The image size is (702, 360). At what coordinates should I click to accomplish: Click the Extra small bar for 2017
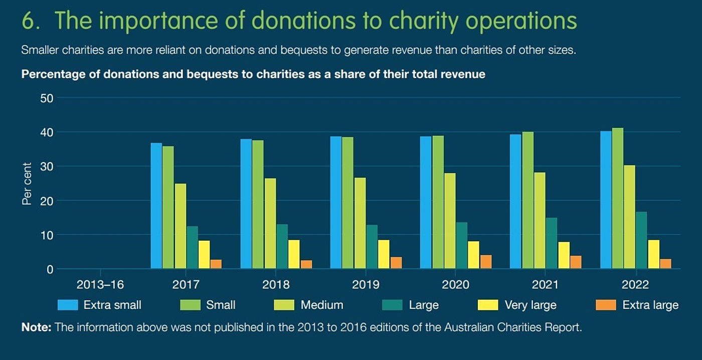(x=156, y=206)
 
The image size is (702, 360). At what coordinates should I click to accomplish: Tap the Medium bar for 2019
(x=360, y=224)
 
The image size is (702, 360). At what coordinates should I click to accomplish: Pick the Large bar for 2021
(x=552, y=243)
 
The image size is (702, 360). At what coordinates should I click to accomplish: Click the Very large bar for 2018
(x=294, y=254)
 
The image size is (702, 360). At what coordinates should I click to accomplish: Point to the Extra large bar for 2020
(x=486, y=262)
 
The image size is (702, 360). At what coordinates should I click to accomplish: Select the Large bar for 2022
(x=641, y=240)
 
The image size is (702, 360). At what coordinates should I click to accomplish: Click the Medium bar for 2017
(x=181, y=226)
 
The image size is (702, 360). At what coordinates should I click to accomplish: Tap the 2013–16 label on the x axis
(x=100, y=285)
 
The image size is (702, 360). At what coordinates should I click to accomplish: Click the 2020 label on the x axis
(x=455, y=285)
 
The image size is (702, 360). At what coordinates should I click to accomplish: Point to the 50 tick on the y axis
(x=47, y=98)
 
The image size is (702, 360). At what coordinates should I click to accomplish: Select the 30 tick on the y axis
(x=47, y=166)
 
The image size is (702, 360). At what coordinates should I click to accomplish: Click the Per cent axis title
(x=27, y=184)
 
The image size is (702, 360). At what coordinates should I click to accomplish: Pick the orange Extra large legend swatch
(x=605, y=305)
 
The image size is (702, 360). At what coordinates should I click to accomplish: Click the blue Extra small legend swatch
(x=68, y=305)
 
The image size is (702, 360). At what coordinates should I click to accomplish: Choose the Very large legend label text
(x=531, y=305)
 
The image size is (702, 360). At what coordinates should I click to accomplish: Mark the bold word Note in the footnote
(x=36, y=328)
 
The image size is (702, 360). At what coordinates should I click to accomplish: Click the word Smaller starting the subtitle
(x=40, y=51)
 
